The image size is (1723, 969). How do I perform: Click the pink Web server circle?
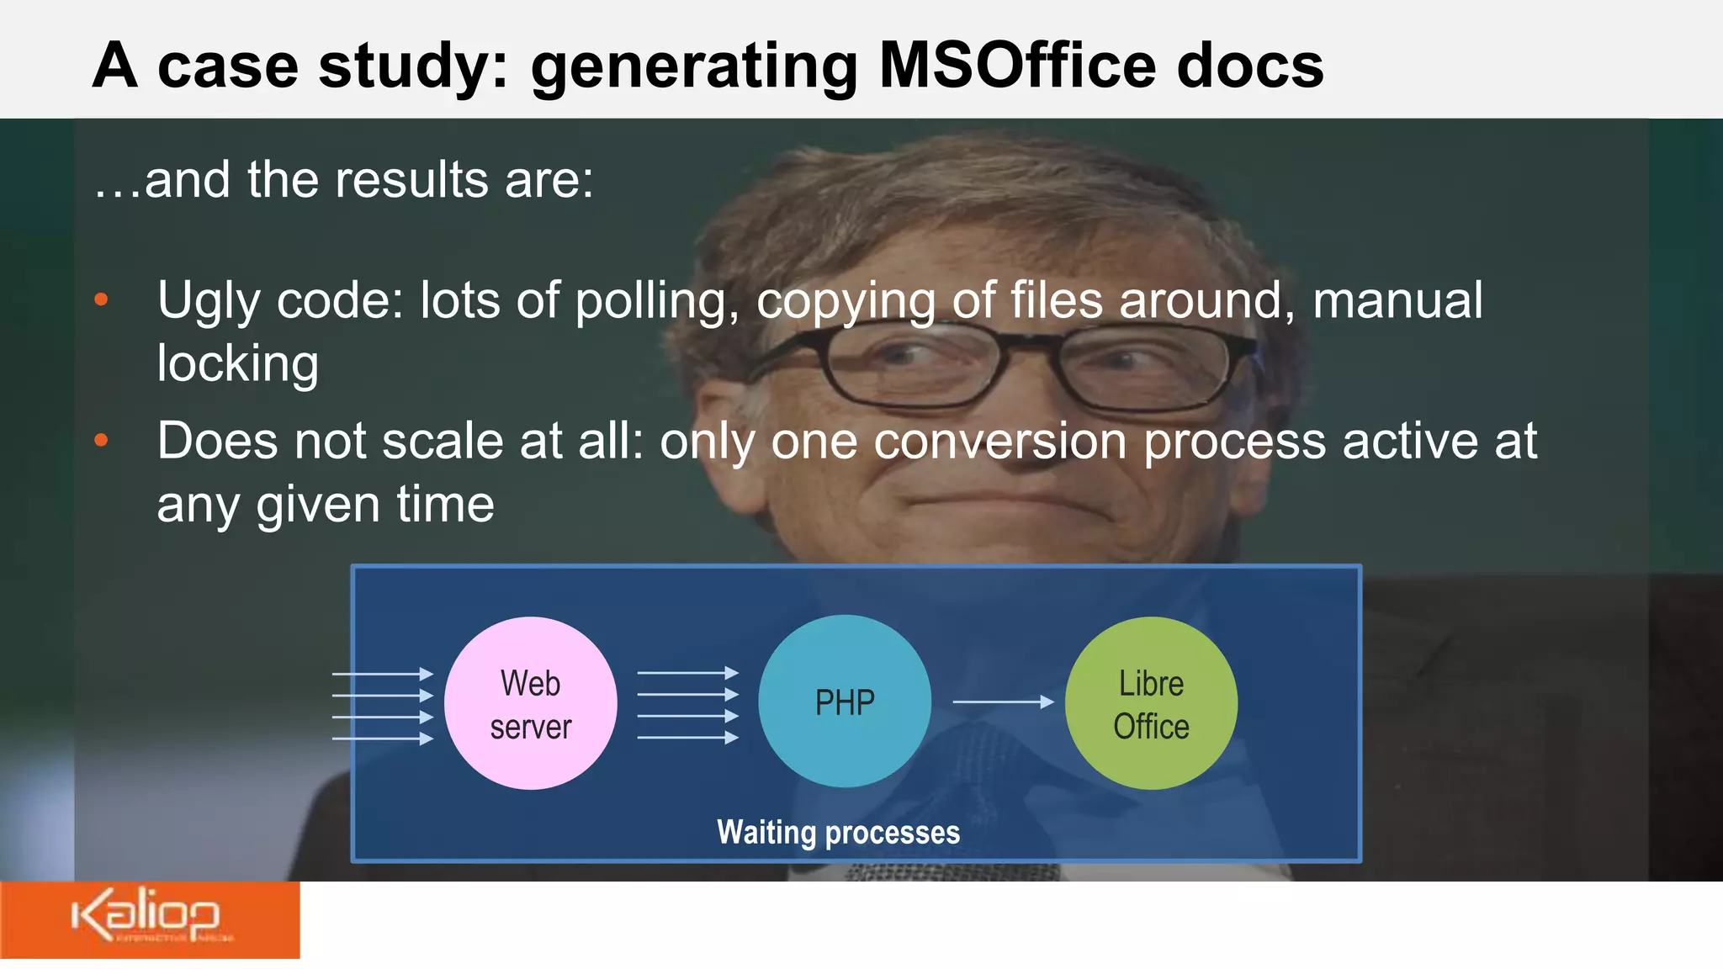point(530,703)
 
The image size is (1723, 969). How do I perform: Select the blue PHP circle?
point(845,702)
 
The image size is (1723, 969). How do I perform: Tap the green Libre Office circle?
point(1151,703)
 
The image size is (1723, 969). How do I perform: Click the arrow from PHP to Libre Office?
point(1003,702)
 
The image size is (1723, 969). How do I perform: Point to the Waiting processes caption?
point(838,832)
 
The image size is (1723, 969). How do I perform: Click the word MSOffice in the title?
point(1016,66)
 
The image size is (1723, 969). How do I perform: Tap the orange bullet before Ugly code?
point(102,300)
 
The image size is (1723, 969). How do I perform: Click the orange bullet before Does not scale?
point(102,440)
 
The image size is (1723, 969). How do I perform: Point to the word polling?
point(657,301)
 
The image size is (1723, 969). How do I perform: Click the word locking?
point(238,363)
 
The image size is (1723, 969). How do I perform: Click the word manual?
point(1397,300)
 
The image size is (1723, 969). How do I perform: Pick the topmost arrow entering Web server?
point(383,674)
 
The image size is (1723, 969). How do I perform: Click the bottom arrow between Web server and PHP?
point(687,738)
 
